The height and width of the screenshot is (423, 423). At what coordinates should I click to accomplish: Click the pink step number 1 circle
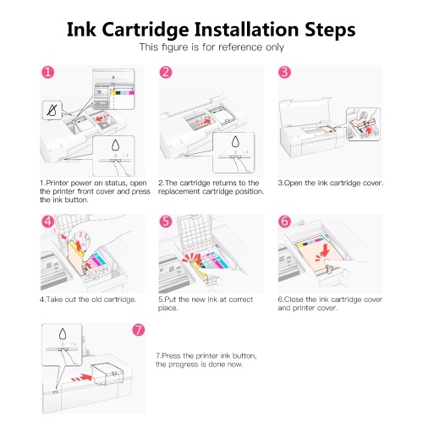click(x=48, y=72)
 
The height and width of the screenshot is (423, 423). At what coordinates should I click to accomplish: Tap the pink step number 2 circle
click(x=166, y=72)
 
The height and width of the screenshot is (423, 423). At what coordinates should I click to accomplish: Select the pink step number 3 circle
click(x=284, y=72)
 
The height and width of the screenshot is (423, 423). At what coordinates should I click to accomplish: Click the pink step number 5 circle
click(x=166, y=222)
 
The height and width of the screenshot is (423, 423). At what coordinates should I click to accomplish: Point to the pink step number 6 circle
click(x=284, y=222)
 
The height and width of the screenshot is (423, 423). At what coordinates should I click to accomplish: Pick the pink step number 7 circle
click(x=139, y=330)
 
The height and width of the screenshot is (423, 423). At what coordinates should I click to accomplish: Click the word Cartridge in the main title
click(x=146, y=30)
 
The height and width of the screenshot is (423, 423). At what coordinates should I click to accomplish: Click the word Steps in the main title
click(x=330, y=30)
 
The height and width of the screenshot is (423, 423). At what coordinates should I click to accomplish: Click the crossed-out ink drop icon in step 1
click(x=52, y=110)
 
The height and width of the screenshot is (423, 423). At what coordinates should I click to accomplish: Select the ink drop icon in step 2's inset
click(x=235, y=142)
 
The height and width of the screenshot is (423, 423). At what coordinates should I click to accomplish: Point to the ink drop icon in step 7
click(x=63, y=334)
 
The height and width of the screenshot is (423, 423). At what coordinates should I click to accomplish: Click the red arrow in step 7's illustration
click(x=82, y=378)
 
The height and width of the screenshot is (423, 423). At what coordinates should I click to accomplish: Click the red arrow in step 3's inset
click(x=369, y=130)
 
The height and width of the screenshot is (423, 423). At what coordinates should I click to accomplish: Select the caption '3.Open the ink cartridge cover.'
click(x=331, y=183)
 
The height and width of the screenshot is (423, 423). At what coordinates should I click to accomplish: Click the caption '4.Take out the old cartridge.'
click(x=88, y=299)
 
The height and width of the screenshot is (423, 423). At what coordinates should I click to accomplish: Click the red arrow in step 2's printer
click(x=204, y=122)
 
